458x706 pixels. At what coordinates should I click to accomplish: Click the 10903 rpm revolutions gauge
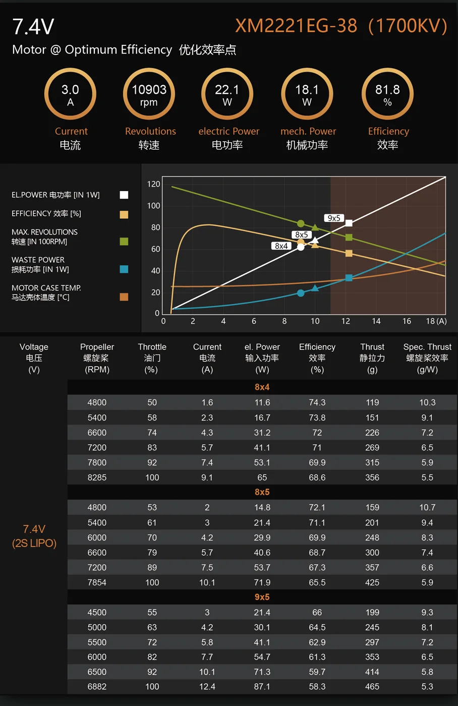click(x=149, y=94)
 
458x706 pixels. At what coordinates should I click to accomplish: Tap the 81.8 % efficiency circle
click(x=387, y=94)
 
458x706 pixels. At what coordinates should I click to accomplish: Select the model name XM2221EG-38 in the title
click(x=296, y=26)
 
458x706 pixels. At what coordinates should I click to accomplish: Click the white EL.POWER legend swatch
click(x=124, y=195)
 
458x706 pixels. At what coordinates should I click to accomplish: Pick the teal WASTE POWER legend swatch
click(x=124, y=269)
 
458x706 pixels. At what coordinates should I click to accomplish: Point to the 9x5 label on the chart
click(x=334, y=218)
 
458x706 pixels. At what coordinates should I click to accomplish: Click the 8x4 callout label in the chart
click(x=281, y=246)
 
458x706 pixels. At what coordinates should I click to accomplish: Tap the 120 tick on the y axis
click(x=154, y=184)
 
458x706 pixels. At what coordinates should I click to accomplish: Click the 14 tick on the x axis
click(x=376, y=321)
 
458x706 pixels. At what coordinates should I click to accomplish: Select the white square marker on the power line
click(x=349, y=223)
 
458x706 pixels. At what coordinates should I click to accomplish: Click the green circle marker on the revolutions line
click(x=301, y=223)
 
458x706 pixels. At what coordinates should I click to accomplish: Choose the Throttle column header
click(x=152, y=358)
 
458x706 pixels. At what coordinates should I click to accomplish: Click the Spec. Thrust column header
click(x=427, y=358)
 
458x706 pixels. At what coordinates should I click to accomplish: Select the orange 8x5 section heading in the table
click(x=262, y=492)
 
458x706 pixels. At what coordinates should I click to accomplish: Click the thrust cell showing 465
click(x=372, y=686)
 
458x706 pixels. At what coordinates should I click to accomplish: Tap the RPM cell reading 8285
click(x=97, y=477)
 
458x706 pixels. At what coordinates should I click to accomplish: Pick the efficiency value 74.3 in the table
click(x=317, y=402)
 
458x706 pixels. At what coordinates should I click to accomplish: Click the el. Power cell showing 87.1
click(x=262, y=686)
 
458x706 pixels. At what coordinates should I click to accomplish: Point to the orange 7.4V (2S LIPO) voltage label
click(x=34, y=536)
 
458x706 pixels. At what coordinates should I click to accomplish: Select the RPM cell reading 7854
click(x=97, y=582)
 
